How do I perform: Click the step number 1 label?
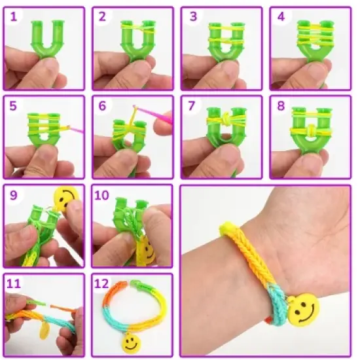coord(13,16)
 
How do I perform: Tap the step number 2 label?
coord(102,16)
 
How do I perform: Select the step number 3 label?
coord(191,16)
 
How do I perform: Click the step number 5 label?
coord(13,105)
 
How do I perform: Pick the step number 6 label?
coord(102,105)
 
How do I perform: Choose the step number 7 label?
coord(191,105)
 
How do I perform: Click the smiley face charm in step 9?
coord(65,198)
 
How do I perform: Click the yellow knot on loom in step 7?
coord(221,122)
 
